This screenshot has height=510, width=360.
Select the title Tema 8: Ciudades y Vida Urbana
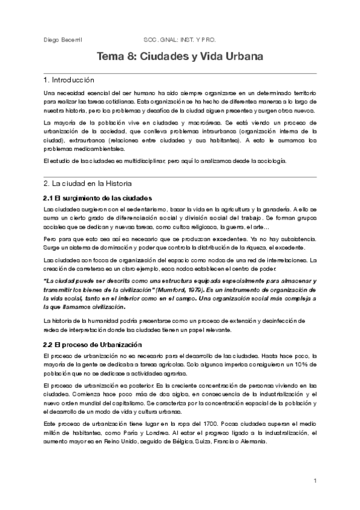point(180,58)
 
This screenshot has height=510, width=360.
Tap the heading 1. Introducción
point(69,80)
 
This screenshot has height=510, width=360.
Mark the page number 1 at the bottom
point(315,481)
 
